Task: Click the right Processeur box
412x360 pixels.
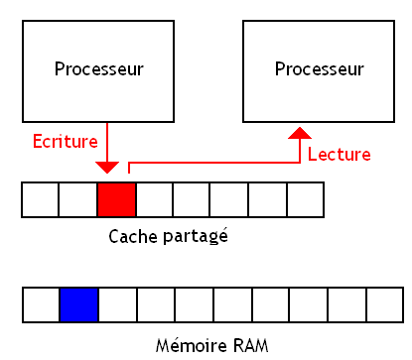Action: (320, 68)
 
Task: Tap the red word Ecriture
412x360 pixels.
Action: (66, 140)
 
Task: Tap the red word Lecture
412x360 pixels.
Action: (339, 155)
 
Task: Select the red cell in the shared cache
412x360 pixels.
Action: (116, 199)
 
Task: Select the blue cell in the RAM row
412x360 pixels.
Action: (78, 305)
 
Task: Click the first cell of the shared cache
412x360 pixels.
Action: (40, 199)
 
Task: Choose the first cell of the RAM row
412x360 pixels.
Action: (41, 305)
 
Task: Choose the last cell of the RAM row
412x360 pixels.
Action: (384, 305)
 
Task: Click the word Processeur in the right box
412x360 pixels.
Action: (320, 69)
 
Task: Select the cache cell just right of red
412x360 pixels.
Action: (154, 199)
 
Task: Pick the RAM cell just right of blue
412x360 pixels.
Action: (117, 305)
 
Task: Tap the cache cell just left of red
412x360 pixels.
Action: (78, 199)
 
